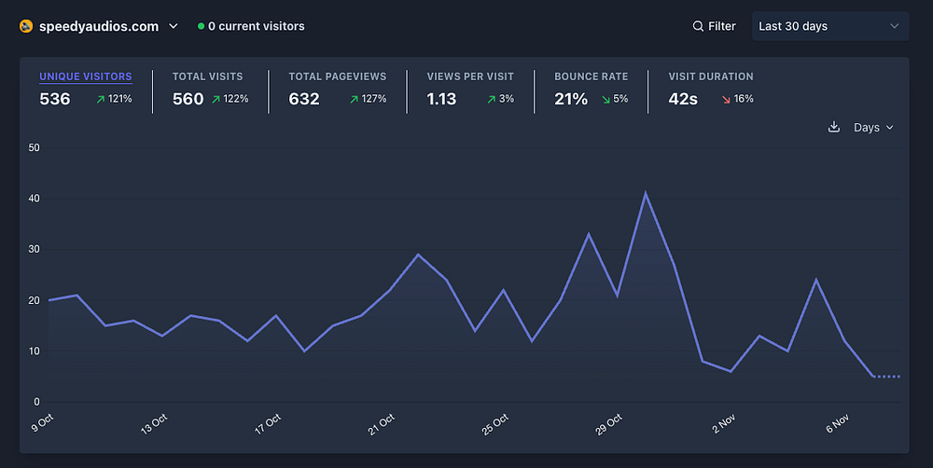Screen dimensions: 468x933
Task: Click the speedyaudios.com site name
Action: (98, 26)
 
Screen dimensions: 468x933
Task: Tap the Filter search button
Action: (714, 26)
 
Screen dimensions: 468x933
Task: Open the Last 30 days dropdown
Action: (830, 26)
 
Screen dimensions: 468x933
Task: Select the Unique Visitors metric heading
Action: (85, 76)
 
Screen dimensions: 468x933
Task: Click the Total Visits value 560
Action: (188, 99)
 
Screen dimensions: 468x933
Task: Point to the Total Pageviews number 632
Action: (304, 99)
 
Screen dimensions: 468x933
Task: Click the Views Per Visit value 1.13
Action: (441, 99)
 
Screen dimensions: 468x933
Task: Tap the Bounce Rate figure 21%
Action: (571, 99)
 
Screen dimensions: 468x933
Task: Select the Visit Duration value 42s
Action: (683, 99)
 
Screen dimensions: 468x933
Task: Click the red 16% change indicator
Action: (737, 99)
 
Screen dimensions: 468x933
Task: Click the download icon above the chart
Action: (834, 128)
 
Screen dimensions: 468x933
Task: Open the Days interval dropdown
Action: (873, 128)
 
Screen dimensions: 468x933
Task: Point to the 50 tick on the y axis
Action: (35, 147)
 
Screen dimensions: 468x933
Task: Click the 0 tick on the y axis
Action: (37, 402)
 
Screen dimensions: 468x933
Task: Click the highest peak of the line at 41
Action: (646, 194)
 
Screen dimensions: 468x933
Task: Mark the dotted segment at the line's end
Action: (886, 377)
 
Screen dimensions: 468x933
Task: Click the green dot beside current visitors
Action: (201, 27)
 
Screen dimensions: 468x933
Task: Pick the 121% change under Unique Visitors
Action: (114, 99)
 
